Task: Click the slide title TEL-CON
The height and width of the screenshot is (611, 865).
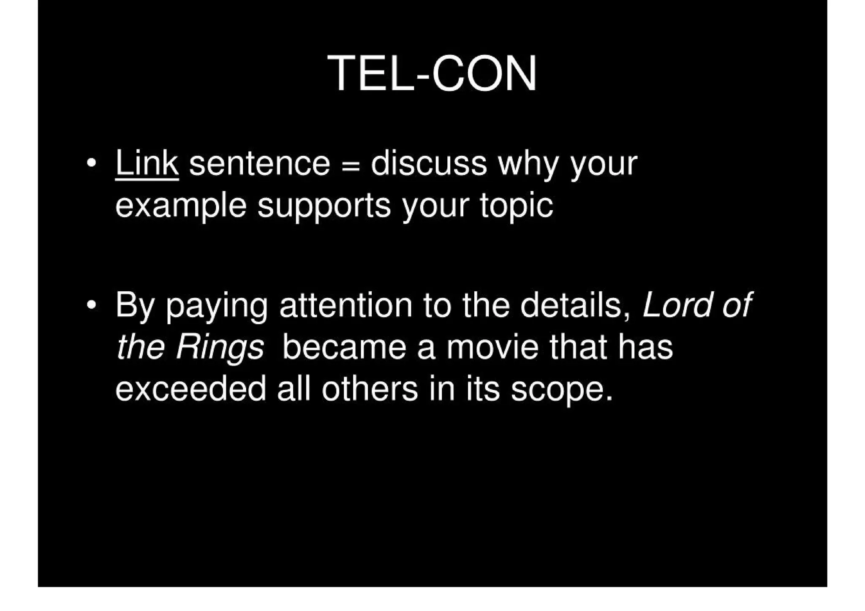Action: (432, 73)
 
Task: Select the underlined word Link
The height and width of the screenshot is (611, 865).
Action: (147, 163)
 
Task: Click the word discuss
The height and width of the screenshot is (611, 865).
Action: (429, 163)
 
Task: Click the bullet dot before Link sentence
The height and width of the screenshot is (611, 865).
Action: (90, 163)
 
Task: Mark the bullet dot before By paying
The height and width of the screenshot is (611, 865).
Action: (90, 304)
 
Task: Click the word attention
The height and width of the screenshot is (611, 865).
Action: (345, 304)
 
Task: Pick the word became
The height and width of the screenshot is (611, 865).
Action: (344, 347)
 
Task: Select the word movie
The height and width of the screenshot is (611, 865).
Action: (492, 347)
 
